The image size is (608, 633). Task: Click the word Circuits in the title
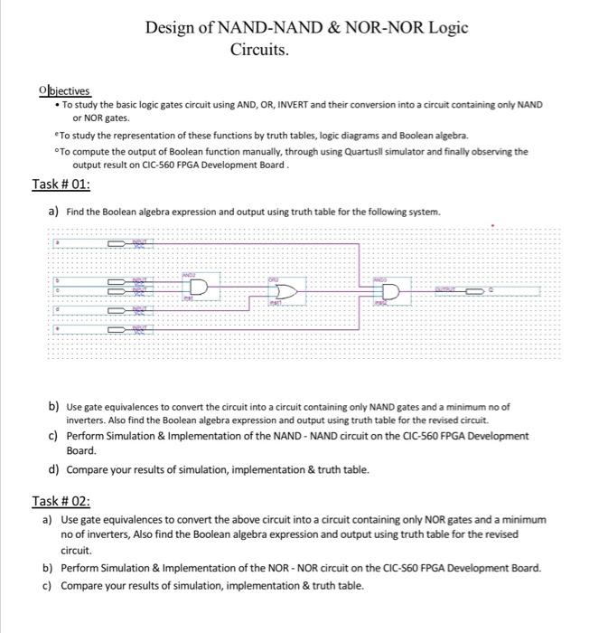tap(260, 49)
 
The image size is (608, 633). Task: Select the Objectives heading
tap(64, 90)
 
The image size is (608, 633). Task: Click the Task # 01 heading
tap(61, 184)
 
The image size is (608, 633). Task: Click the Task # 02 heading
tap(61, 501)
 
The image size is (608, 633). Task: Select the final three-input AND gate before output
tap(389, 292)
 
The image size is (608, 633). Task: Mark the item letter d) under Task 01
tap(55, 469)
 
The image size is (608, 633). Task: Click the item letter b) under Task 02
tap(48, 568)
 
